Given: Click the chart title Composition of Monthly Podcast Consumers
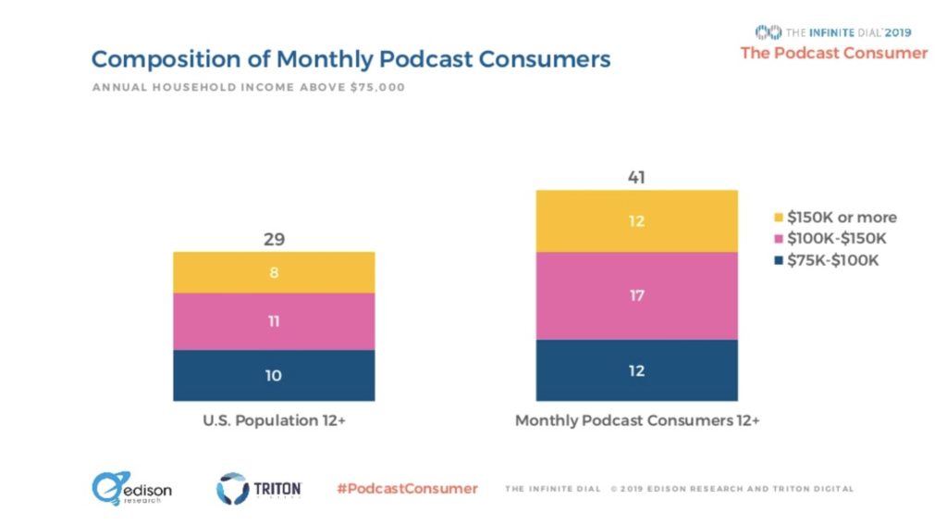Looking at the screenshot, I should [x=351, y=59].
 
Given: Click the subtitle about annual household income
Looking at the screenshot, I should [x=248, y=88].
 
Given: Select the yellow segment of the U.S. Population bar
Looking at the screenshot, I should [x=274, y=272].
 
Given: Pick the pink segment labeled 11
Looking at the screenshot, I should [x=274, y=321].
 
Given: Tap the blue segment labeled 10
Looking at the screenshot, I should [x=274, y=375].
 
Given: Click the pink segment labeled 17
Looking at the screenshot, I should [x=637, y=295].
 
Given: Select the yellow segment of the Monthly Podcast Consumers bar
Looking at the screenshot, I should [x=637, y=221].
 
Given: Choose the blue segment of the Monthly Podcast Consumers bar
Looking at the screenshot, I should [x=637, y=370].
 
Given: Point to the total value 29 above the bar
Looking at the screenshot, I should [x=274, y=240].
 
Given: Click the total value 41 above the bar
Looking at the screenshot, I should [x=637, y=178].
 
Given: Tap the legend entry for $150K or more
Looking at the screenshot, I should [x=834, y=218].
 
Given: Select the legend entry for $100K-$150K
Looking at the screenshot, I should [x=830, y=239].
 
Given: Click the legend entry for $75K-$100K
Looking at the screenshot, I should [x=826, y=260].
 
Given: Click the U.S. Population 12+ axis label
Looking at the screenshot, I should [x=273, y=421].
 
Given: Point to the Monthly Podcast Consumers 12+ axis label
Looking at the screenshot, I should [x=637, y=421].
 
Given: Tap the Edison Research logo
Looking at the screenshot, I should [x=131, y=489].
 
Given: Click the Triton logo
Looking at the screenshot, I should [x=259, y=488].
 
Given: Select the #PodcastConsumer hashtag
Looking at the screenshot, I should [x=407, y=488].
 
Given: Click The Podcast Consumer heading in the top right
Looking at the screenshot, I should [x=833, y=53].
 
